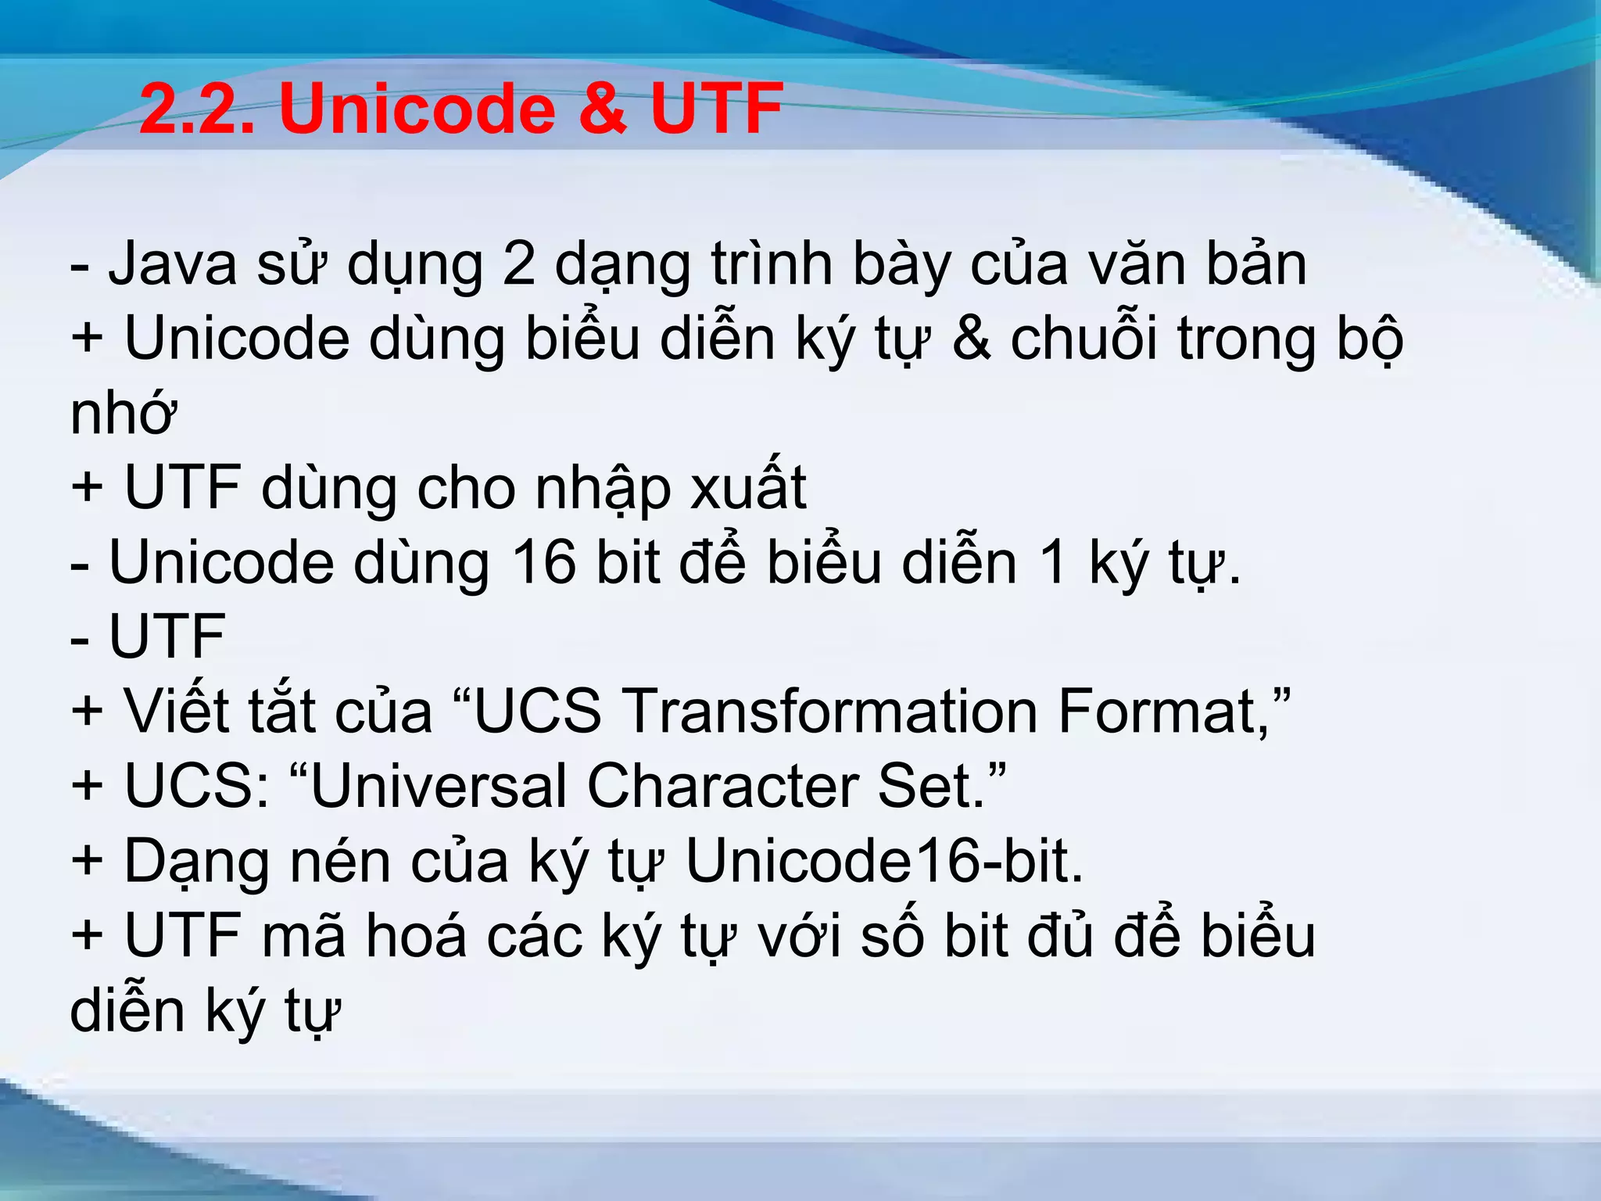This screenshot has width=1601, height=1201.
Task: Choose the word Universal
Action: [x=438, y=786]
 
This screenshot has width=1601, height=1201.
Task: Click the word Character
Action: [x=723, y=786]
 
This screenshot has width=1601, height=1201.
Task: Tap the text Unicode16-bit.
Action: [x=884, y=861]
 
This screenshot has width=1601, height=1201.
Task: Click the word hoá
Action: [x=417, y=935]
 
